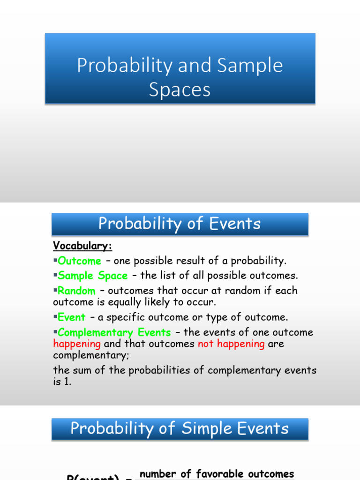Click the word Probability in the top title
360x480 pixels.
(x=124, y=66)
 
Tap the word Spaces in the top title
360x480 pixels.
(x=180, y=90)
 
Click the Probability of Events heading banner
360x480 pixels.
(x=180, y=224)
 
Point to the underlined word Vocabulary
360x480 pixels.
(x=82, y=246)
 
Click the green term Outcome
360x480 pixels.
(x=79, y=261)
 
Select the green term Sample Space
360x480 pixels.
(x=93, y=276)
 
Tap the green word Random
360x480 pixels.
(x=76, y=291)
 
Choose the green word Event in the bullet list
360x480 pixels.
(x=72, y=317)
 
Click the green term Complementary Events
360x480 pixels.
(x=114, y=333)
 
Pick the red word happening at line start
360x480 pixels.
(x=77, y=344)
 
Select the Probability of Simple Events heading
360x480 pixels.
(x=180, y=429)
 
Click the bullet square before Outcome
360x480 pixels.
(x=55, y=261)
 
